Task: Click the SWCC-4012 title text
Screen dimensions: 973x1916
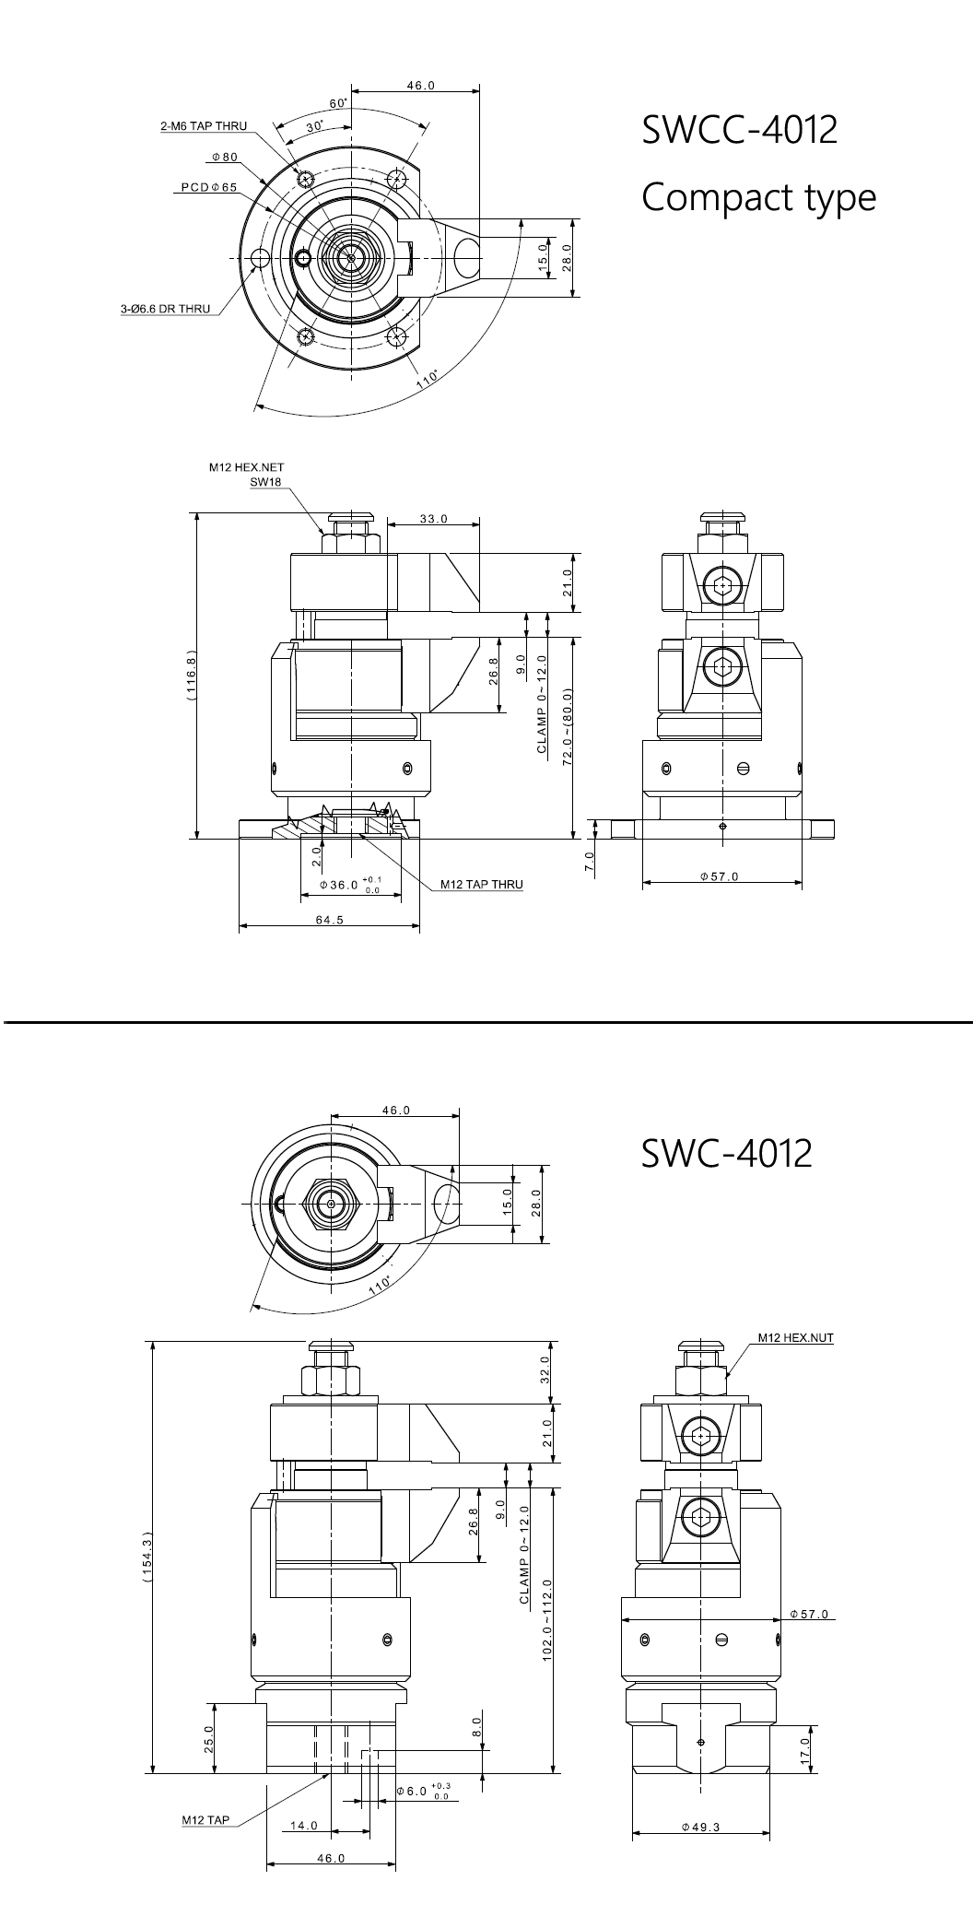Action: coord(740,129)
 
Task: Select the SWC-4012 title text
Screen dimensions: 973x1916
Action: coord(727,1152)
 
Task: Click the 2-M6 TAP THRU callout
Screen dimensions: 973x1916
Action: coord(204,126)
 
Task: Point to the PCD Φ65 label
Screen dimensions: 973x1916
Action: coord(208,188)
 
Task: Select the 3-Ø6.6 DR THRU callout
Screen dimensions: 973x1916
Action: coord(165,310)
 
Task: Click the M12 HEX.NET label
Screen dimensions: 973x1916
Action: coord(247,467)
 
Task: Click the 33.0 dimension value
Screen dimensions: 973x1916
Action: coord(433,519)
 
